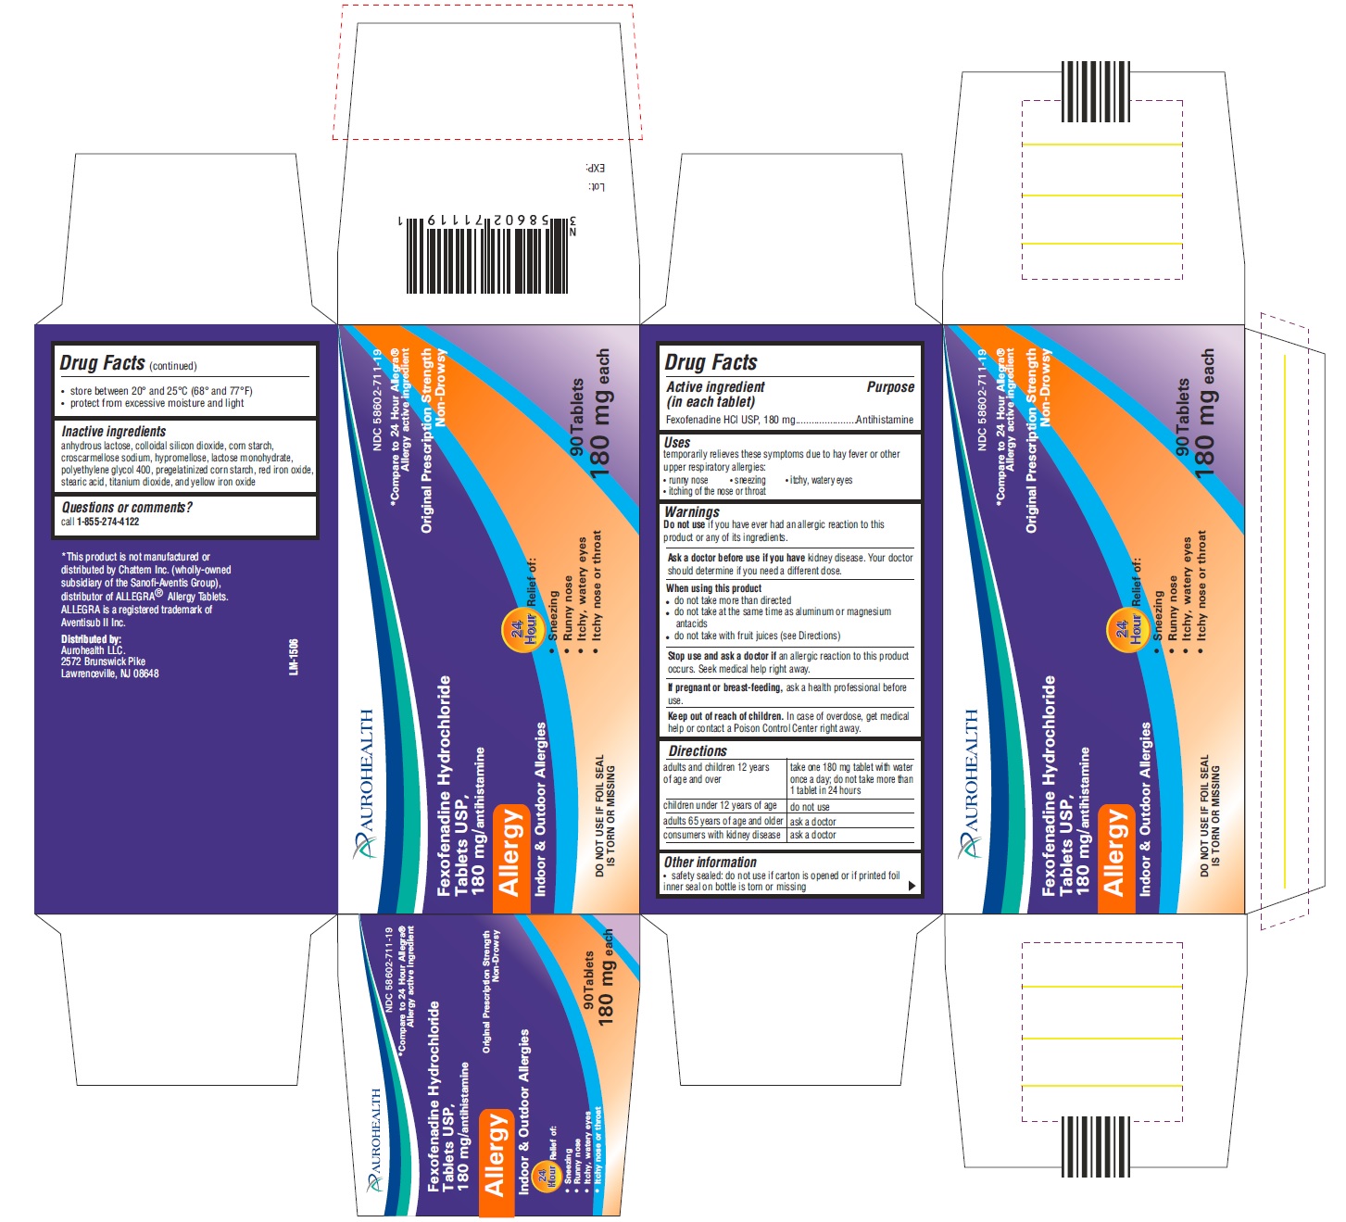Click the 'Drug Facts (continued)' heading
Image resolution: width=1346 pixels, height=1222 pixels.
pos(128,363)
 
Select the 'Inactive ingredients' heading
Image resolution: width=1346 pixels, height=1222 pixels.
pos(113,432)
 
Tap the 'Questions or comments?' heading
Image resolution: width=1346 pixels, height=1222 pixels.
pos(127,508)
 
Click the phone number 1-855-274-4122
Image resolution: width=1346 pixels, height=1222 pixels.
pos(107,522)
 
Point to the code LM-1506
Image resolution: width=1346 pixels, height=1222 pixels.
pos(294,656)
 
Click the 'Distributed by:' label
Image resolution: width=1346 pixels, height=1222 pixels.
pos(91,639)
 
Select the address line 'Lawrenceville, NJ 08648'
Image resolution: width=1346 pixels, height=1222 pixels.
pos(109,674)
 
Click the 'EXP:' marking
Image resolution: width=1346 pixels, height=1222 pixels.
pos(595,169)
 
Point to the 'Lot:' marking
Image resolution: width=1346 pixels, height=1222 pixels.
pos(596,187)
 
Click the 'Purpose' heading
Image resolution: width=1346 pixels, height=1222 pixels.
pos(889,387)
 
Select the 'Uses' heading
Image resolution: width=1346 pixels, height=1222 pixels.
pos(677,443)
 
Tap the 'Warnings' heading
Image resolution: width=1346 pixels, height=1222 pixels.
pos(691,511)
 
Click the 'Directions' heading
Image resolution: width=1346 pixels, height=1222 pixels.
pos(698,751)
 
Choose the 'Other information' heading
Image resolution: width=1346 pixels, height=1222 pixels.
pos(710,863)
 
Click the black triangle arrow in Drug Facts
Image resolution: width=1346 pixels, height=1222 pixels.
pos(912,886)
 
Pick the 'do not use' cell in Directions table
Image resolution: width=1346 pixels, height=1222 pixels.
pos(809,807)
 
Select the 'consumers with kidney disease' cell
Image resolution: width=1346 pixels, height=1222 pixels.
pos(722,835)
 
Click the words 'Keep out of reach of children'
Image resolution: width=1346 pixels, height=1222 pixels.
pos(725,716)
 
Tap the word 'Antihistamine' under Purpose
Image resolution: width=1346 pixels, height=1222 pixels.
pos(884,420)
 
